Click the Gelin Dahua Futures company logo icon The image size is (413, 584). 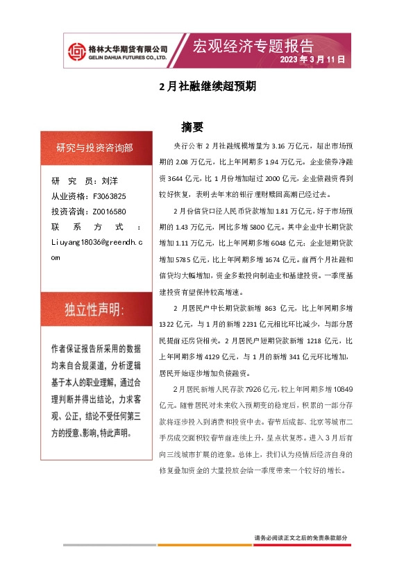pyautogui.click(x=76, y=51)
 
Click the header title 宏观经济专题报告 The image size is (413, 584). pyautogui.click(x=253, y=46)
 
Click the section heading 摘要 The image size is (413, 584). pyautogui.click(x=192, y=127)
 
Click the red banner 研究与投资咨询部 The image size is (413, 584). pyautogui.click(x=95, y=148)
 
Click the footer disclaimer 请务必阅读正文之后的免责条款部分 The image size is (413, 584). pyautogui.click(x=301, y=538)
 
